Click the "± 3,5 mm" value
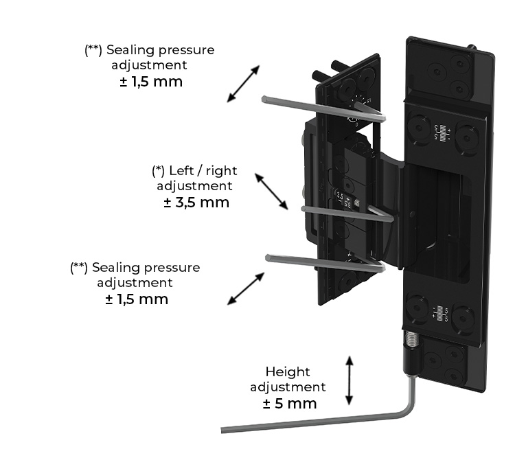[196, 203]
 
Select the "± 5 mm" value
[290, 403]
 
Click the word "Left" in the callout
[182, 170]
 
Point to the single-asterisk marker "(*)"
[159, 170]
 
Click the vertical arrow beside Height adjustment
[350, 380]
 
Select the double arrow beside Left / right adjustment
[271, 191]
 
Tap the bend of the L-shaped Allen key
[409, 411]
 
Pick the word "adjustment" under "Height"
[288, 387]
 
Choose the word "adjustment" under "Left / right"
[194, 185]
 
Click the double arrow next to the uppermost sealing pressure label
[244, 84]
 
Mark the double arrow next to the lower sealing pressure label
[246, 288]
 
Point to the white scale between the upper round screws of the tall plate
[442, 131]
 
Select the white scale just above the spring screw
[440, 314]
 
